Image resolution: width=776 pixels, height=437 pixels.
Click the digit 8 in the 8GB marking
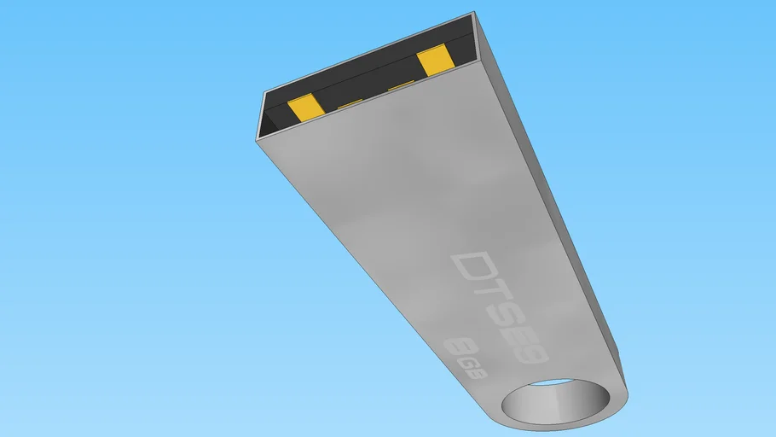(457, 347)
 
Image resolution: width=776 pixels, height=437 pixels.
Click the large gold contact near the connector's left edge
(304, 108)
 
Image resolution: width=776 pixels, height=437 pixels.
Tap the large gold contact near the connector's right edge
(435, 60)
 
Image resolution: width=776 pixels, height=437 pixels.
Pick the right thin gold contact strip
(400, 86)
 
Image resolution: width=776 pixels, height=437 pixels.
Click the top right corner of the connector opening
(473, 15)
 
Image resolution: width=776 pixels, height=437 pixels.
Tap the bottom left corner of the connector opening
(259, 136)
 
